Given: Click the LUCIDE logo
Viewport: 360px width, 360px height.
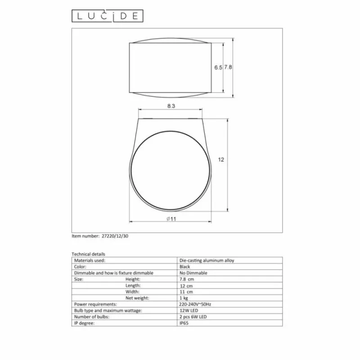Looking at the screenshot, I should (x=108, y=16).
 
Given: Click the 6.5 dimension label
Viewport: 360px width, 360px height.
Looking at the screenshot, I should (x=218, y=67).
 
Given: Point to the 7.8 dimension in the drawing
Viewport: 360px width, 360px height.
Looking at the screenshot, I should (x=228, y=67).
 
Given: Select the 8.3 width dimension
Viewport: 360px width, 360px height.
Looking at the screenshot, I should (x=171, y=106).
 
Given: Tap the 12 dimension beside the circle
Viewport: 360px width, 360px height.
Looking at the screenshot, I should (x=220, y=160).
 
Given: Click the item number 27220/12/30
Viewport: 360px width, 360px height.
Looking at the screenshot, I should (x=116, y=235).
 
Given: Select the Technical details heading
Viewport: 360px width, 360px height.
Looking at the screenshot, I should (x=88, y=254).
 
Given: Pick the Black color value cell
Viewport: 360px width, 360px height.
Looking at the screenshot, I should (x=185, y=266).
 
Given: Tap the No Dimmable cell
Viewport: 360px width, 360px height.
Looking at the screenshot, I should (x=193, y=273).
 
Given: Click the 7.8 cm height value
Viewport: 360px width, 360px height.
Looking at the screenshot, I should (x=186, y=279).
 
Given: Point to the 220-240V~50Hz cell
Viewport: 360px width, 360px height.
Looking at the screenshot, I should (x=195, y=304).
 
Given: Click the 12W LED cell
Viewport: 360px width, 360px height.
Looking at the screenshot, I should (x=188, y=310).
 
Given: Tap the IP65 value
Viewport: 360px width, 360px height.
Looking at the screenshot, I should (x=184, y=323).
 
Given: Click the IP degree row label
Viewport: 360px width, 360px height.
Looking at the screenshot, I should (x=84, y=323).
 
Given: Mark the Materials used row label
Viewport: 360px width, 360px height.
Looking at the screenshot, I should (x=90, y=260).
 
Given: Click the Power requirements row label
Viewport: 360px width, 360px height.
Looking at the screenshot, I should (x=95, y=304).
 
